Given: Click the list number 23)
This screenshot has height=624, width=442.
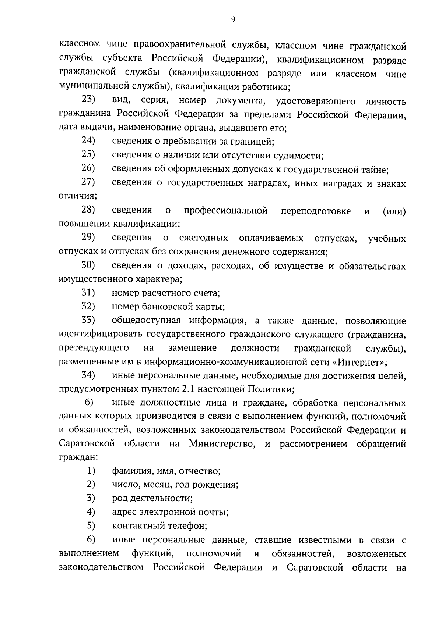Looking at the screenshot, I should (88, 100).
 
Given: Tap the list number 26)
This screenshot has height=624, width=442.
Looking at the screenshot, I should (88, 168).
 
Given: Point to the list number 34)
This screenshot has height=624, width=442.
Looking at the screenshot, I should (88, 375).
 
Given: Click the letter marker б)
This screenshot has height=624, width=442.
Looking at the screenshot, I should (90, 403).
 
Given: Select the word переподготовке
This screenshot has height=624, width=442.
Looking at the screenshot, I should (316, 211).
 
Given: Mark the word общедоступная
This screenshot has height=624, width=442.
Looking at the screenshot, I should (146, 321).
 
